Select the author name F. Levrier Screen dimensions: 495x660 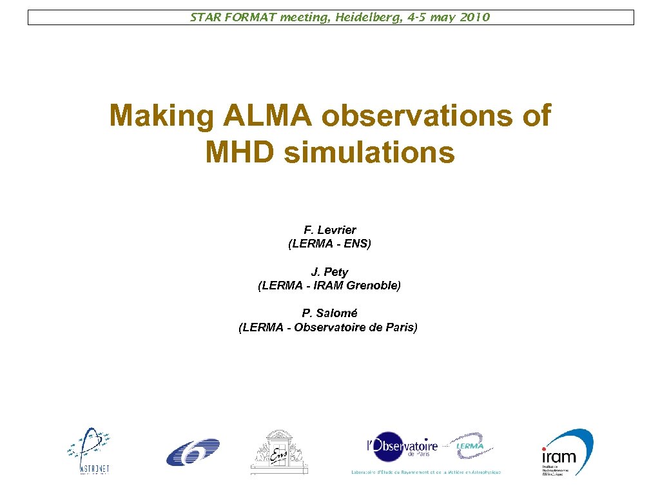point(330,230)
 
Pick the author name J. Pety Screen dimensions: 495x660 point(329,272)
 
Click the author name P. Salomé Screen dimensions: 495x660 point(329,313)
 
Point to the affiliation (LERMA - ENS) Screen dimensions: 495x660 point(329,244)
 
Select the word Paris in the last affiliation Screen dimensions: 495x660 point(401,327)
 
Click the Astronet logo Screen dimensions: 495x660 point(88,451)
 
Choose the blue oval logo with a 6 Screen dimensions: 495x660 point(193,452)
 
